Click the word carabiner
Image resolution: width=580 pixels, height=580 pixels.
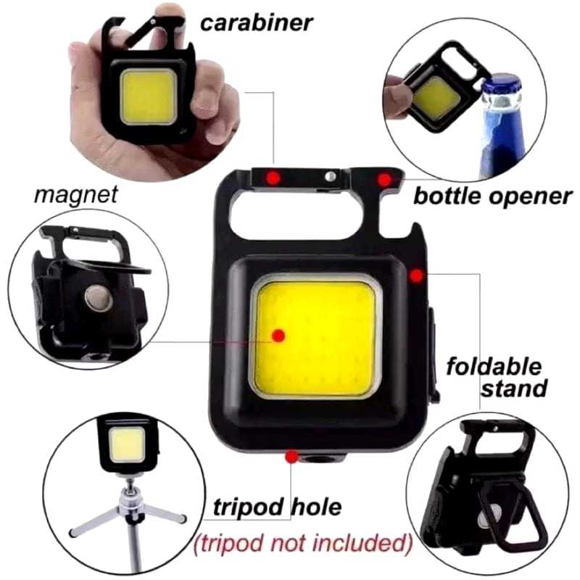257,23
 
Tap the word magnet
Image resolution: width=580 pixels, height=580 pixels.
75,194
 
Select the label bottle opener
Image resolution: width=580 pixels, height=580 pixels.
493,196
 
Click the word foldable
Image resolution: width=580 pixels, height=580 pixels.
494,367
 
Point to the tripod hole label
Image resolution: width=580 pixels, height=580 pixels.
277,507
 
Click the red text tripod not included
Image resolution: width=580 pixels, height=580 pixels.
303,543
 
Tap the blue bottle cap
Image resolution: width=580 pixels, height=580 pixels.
502,86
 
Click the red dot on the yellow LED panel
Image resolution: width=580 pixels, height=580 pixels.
278,336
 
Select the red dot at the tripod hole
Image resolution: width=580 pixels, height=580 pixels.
292,457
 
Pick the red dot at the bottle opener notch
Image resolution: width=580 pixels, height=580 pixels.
385,180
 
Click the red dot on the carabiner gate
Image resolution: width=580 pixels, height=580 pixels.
273,178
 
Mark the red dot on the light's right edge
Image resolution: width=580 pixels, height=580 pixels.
416,275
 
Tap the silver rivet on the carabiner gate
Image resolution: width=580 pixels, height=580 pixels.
331,176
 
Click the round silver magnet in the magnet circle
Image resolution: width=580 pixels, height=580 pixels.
99,298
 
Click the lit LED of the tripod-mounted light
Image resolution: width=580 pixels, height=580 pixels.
128,444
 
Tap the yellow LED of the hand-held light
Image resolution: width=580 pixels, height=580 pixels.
149,96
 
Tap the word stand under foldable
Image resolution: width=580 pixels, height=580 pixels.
514,389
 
